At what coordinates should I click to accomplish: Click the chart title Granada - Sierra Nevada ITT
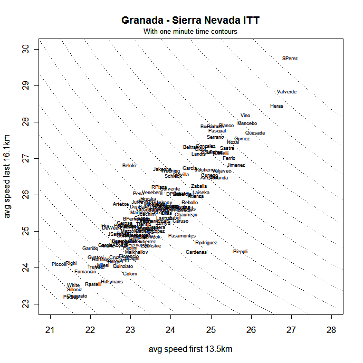(190, 21)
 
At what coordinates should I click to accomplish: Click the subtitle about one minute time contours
(190, 32)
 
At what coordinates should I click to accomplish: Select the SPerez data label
(290, 59)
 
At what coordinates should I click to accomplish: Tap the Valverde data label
(286, 92)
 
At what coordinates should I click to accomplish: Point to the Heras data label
(276, 106)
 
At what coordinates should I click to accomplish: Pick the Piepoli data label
(240, 252)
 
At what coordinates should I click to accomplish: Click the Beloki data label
(129, 166)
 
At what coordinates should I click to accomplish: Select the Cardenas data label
(196, 252)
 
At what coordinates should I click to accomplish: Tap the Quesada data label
(255, 133)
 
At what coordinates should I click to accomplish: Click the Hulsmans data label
(112, 282)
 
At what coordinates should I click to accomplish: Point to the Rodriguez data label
(206, 243)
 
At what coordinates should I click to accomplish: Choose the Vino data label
(245, 116)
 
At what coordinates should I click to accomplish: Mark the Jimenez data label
(236, 165)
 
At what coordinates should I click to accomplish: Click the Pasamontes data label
(182, 236)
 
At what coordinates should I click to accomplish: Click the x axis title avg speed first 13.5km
(190, 349)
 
